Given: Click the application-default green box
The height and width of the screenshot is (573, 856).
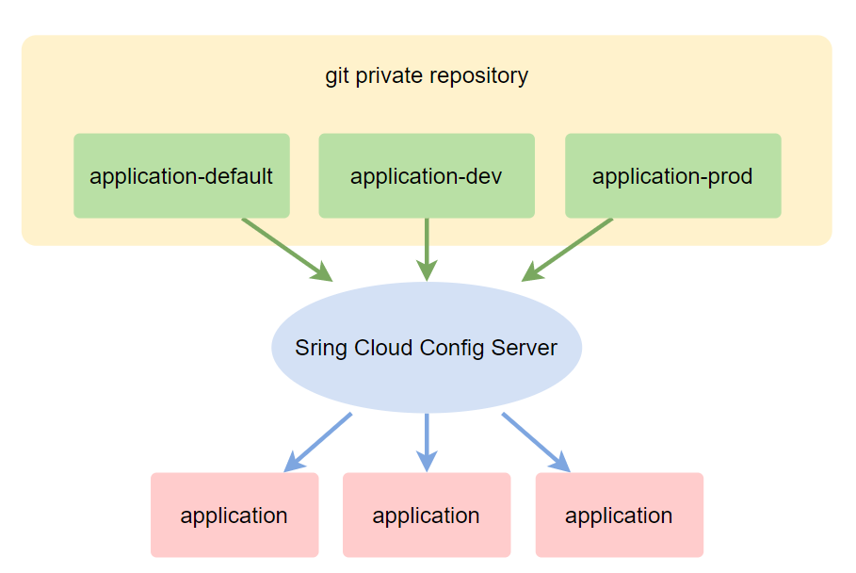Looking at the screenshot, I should coord(182,175).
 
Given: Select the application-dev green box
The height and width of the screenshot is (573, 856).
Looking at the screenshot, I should coord(427,175).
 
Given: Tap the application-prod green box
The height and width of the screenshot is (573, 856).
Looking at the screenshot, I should coord(672,175).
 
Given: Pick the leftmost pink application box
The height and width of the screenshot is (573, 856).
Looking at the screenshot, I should coord(234,515).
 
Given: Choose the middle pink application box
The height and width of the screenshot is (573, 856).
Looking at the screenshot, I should coord(427,515).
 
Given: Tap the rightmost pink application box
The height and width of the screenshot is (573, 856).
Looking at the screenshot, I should coord(619,515).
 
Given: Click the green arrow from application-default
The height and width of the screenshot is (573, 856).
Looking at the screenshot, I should coord(286,249).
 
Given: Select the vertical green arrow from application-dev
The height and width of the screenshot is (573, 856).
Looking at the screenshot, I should coord(427,249).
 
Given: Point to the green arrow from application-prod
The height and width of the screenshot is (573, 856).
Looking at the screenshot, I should coord(568,249).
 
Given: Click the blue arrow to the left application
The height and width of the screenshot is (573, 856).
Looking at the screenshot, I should coord(317,441).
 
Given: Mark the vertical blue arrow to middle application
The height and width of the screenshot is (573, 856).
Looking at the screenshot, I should coord(427,441).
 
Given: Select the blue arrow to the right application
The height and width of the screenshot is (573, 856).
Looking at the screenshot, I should coord(536,441).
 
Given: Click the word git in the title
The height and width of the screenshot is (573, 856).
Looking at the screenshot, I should coord(337,76).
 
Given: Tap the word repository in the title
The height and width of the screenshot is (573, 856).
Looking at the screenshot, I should coord(480,76).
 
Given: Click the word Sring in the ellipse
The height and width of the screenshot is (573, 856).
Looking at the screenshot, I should coord(321,349).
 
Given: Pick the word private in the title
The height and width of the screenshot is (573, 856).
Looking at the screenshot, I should coord(390,76).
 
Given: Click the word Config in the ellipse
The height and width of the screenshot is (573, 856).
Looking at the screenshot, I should coord(452,349).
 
